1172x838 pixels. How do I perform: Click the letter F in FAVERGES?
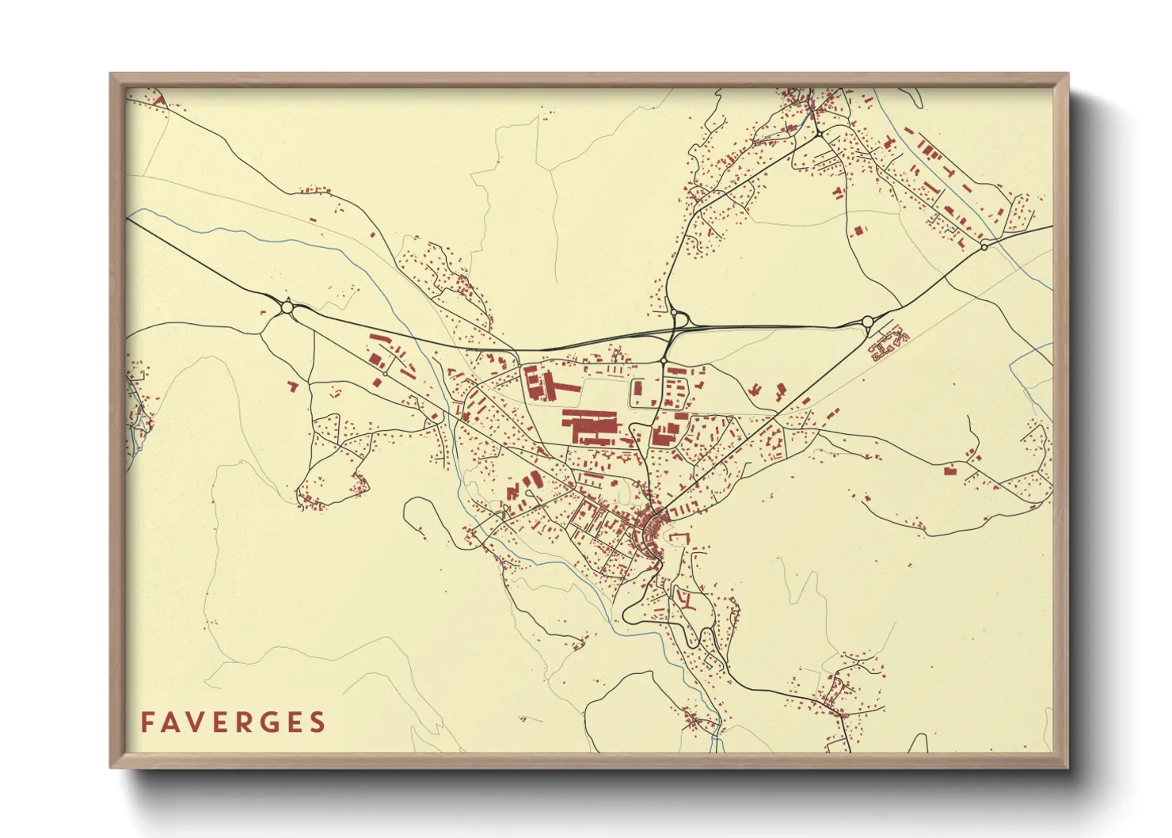click(147, 722)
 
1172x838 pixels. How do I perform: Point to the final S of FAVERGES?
click(318, 722)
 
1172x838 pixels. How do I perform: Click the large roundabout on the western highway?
click(287, 307)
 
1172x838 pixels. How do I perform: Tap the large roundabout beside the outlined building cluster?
click(866, 322)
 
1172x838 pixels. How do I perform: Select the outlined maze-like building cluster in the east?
click(888, 345)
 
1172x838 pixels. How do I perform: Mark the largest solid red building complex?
click(588, 427)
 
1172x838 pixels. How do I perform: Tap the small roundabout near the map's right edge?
click(984, 246)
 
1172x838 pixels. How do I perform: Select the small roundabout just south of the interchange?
click(663, 362)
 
